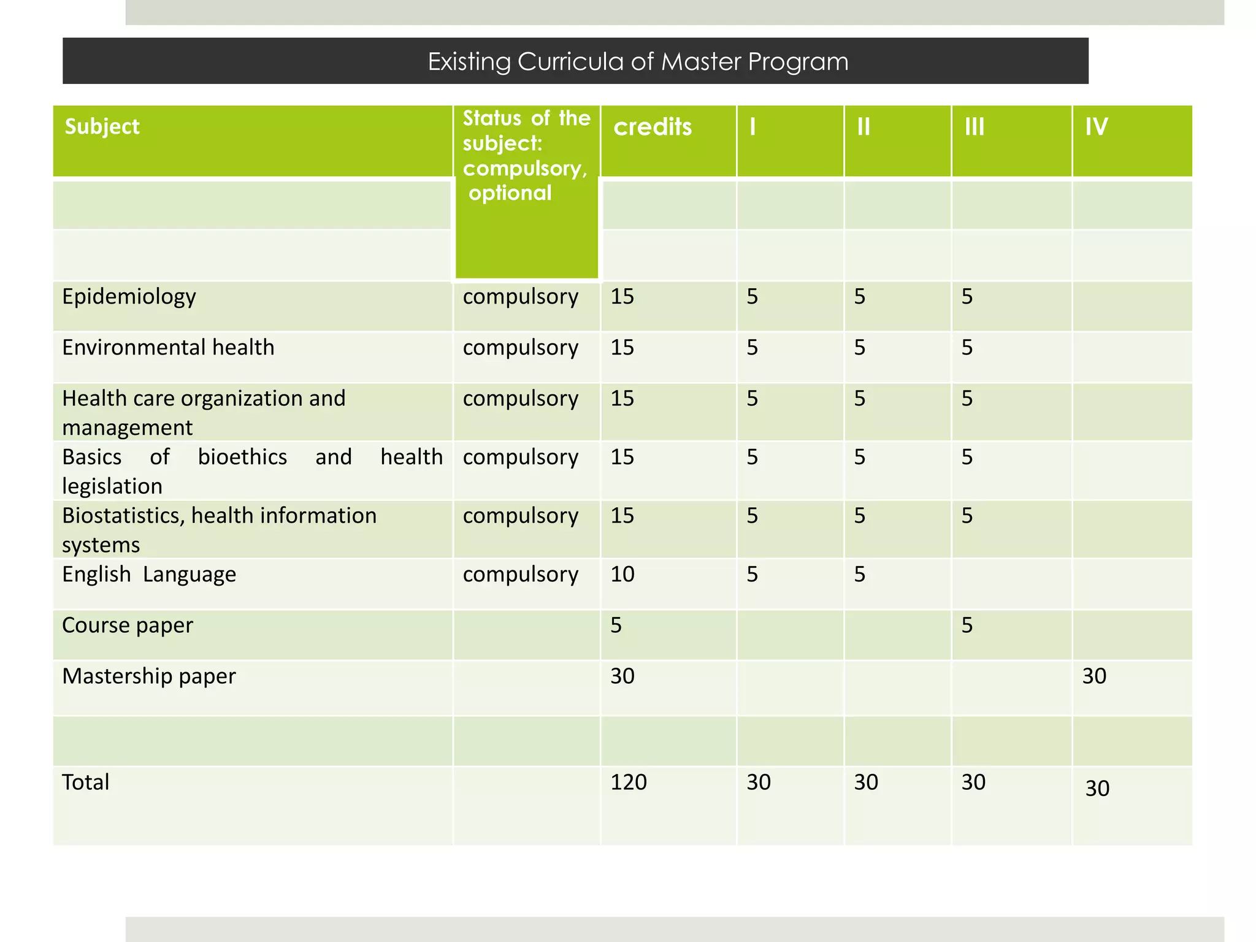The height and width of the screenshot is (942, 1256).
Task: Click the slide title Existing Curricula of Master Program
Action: (637, 62)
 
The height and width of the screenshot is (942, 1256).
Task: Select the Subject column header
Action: (102, 126)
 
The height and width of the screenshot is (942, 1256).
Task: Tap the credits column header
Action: (653, 127)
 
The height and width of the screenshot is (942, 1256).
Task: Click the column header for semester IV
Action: (1096, 127)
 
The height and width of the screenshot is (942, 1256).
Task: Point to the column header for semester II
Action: (863, 127)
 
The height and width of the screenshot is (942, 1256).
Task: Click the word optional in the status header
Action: (510, 193)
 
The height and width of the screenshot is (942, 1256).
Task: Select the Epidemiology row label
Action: (129, 297)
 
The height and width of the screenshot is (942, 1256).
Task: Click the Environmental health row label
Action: (168, 348)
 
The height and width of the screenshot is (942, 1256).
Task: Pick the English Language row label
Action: (149, 575)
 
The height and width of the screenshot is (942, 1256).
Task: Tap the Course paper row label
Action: (128, 626)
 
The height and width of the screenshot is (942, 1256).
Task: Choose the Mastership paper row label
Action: (149, 676)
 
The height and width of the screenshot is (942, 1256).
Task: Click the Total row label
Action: (86, 783)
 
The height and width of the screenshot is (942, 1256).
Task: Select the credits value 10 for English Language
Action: (622, 575)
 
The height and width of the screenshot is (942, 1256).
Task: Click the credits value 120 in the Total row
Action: (629, 783)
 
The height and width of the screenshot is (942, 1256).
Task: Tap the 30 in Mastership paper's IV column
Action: (1094, 676)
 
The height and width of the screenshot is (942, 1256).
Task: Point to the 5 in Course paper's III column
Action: (967, 626)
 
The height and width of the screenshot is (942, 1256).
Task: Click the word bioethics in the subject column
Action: (242, 458)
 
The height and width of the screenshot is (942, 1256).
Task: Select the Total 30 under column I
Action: (759, 783)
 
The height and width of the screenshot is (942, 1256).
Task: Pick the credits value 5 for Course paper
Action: (616, 626)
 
